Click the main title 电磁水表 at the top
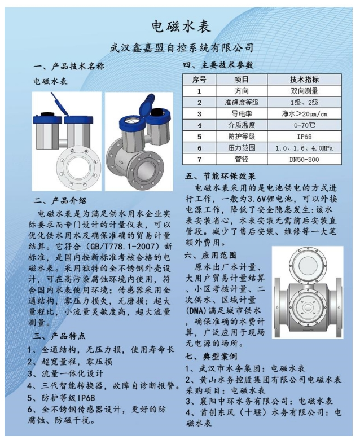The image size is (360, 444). [181, 27]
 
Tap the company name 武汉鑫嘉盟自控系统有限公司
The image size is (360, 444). [181, 47]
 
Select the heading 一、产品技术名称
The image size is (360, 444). [69, 66]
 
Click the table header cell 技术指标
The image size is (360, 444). [304, 80]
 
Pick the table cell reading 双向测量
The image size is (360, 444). [304, 91]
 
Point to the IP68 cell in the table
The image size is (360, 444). [304, 137]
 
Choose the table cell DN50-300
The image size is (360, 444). [304, 160]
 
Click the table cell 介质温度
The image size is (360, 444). [242, 125]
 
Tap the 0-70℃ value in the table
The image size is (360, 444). [304, 125]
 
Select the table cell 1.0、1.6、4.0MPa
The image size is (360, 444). [304, 148]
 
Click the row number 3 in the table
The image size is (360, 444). [199, 114]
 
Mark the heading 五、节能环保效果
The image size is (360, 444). [221, 176]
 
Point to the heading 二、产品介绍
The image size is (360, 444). [60, 201]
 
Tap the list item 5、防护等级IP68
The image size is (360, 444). [61, 398]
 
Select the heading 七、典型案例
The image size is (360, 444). [211, 356]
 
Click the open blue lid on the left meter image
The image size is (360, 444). [60, 104]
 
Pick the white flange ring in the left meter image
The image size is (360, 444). [78, 166]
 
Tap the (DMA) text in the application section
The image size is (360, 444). [195, 311]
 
